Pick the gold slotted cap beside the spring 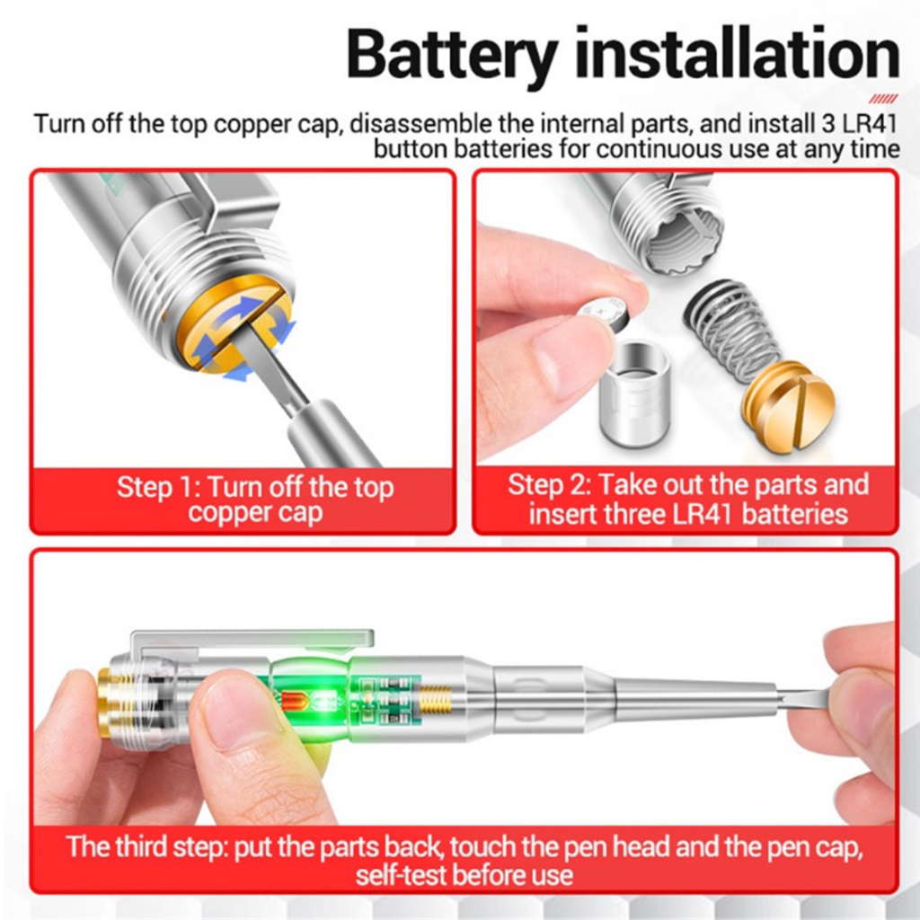click(x=787, y=403)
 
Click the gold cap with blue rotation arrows click(x=237, y=332)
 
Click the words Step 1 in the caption click(x=154, y=488)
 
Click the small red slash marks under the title click(x=883, y=98)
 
